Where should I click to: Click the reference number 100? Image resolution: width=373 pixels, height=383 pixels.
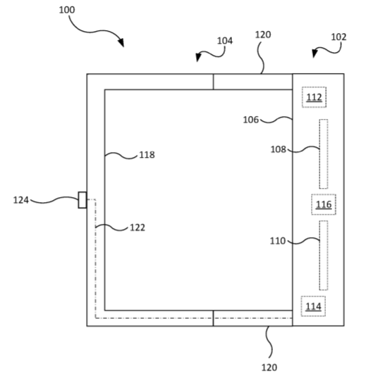[x=67, y=10]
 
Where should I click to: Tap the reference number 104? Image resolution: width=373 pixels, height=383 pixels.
[x=225, y=41]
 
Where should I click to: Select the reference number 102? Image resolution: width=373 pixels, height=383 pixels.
[x=338, y=37]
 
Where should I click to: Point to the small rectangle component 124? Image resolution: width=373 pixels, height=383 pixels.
[x=82, y=200]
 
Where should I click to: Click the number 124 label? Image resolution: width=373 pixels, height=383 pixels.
[x=20, y=200]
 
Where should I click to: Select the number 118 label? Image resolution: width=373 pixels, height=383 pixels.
[x=147, y=155]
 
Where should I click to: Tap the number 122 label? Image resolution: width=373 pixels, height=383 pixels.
[x=137, y=227]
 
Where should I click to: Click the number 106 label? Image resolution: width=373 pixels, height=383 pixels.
[x=251, y=120]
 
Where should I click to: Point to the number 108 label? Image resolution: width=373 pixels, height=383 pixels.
[x=278, y=149]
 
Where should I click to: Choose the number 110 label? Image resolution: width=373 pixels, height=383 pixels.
[x=278, y=241]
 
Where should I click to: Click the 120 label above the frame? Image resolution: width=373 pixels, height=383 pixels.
[x=263, y=35]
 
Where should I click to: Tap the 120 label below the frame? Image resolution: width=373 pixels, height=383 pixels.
[x=269, y=368]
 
